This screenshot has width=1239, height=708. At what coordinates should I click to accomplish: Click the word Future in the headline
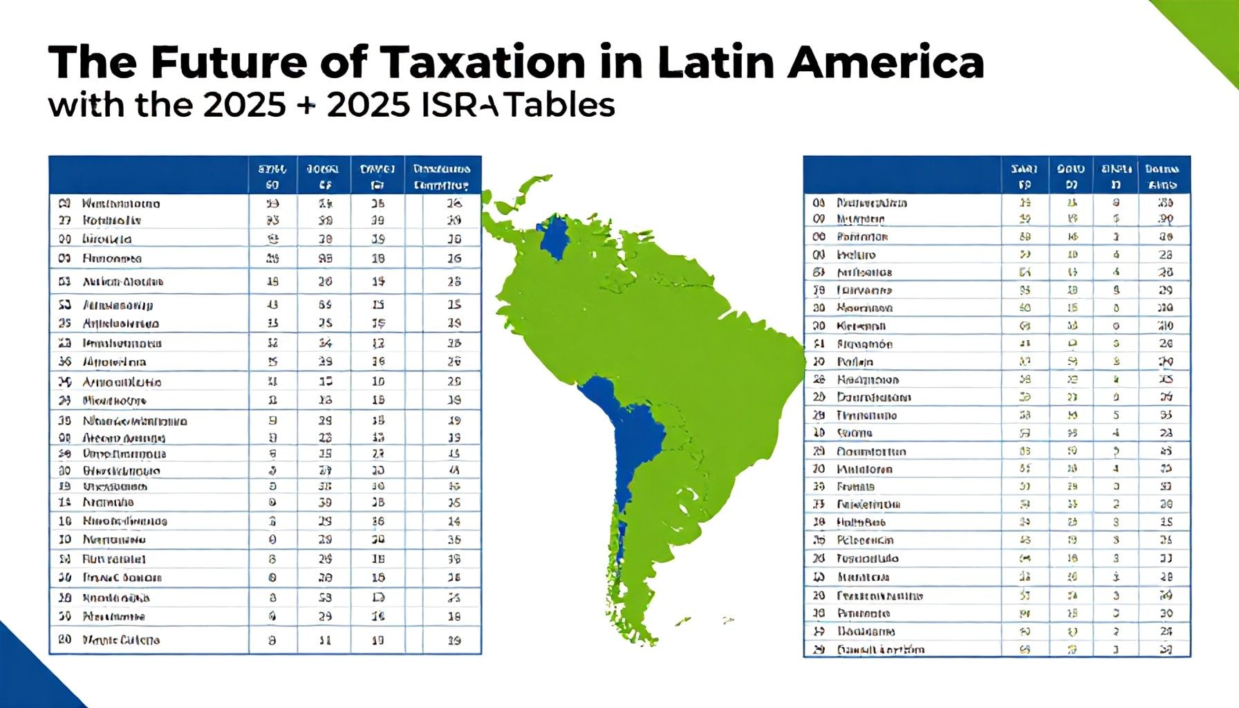click(227, 62)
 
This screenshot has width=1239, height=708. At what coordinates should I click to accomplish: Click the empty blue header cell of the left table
click(148, 175)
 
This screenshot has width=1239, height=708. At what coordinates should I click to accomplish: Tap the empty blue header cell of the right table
click(902, 175)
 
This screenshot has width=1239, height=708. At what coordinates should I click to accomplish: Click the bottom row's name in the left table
click(121, 640)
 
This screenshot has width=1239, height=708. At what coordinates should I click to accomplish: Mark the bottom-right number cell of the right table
click(1166, 649)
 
